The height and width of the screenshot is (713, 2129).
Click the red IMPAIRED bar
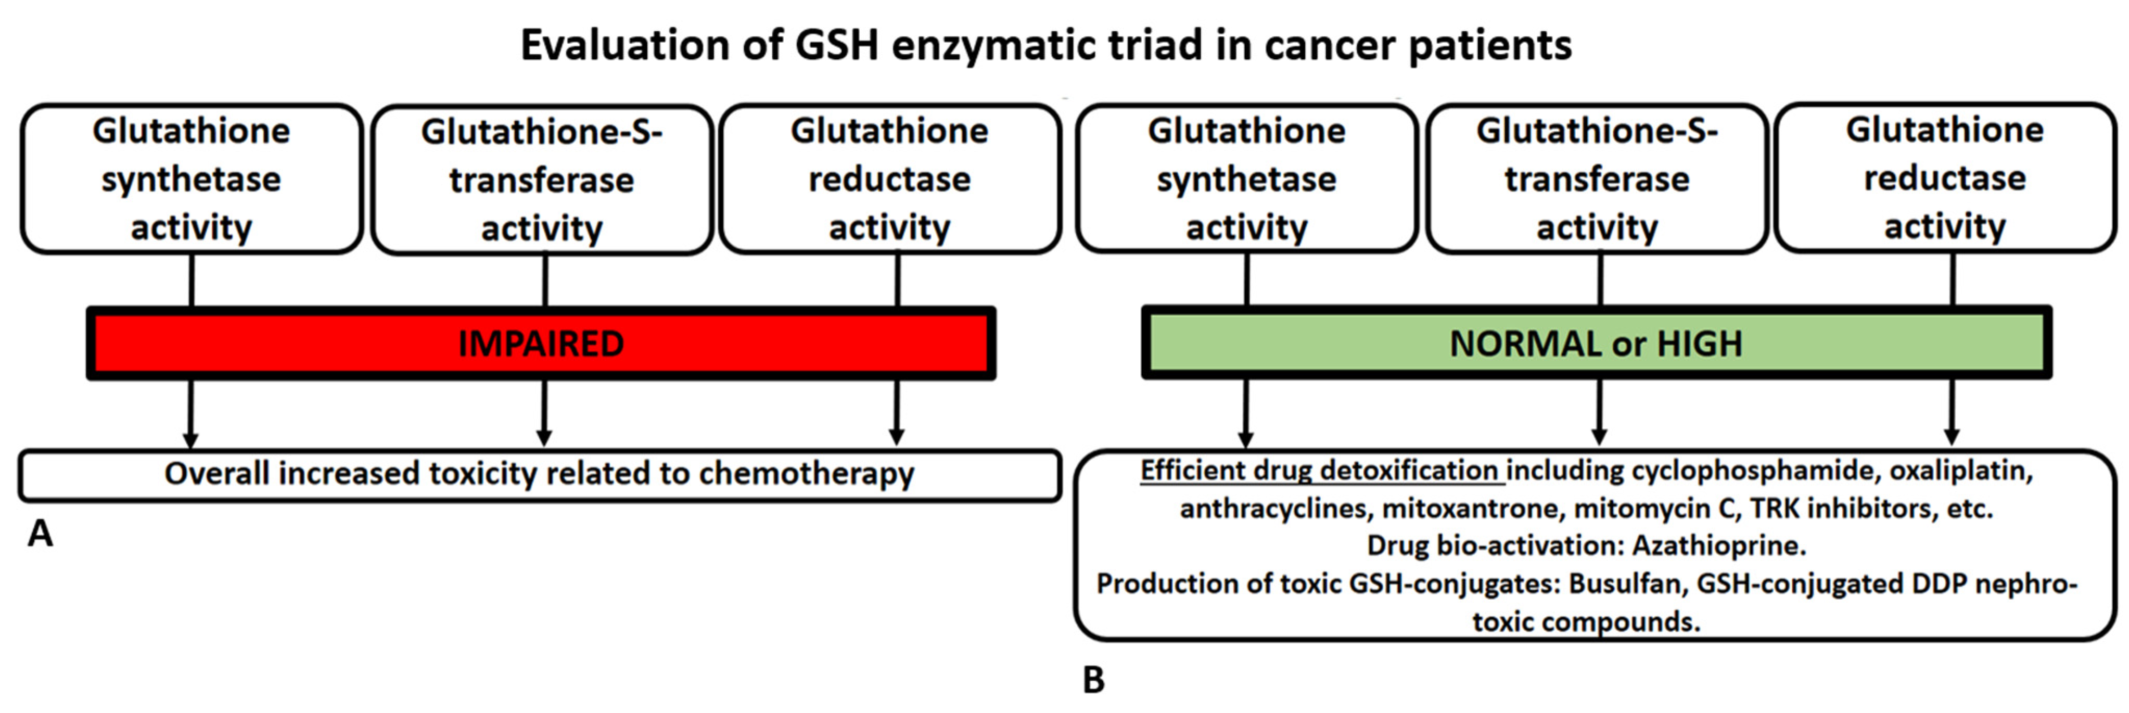541,343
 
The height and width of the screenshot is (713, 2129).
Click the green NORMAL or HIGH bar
1596,343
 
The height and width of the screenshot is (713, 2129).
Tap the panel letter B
1093,680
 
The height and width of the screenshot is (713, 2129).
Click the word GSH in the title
836,45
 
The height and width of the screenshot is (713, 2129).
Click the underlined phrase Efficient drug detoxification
1320,470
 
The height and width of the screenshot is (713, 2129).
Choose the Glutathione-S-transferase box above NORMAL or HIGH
1597,179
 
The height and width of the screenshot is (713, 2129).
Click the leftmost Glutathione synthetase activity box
191,179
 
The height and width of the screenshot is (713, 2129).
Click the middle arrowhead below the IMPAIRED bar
544,436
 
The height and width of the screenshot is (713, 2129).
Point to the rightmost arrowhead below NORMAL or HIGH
1952,436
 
